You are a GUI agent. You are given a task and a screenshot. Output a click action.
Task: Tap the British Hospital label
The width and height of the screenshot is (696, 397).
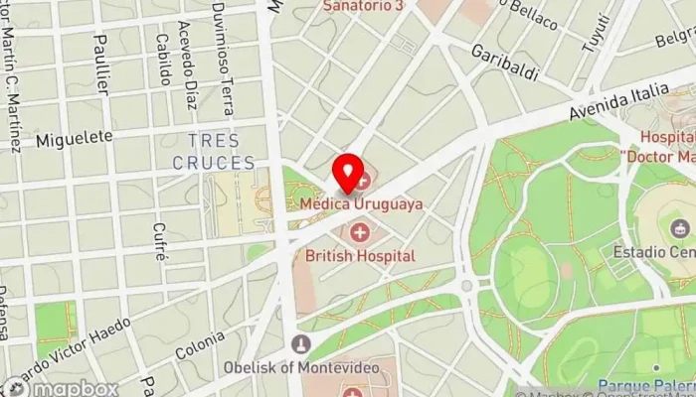360,255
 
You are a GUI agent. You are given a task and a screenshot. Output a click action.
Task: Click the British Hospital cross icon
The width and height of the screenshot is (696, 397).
359,234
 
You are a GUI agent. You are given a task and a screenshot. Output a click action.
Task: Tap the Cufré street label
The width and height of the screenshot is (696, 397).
160,240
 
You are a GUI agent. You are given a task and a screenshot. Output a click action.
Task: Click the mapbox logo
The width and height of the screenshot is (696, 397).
60,387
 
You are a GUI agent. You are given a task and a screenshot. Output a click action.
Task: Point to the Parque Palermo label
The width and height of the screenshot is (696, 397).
646,386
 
